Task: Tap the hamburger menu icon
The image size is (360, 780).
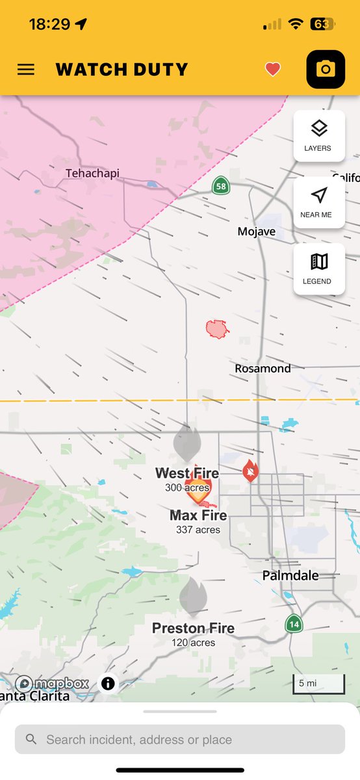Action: click(x=26, y=70)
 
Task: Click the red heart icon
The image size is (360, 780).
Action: click(x=273, y=70)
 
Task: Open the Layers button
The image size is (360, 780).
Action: click(x=318, y=135)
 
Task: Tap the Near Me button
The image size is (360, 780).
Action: click(x=318, y=201)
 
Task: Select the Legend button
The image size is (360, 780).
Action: click(x=318, y=268)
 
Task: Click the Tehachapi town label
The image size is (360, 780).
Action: click(x=92, y=174)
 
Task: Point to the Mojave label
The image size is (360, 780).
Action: click(x=256, y=231)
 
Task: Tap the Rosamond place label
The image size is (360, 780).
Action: click(x=263, y=369)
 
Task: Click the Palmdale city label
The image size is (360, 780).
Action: click(x=290, y=575)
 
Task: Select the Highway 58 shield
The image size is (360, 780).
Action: click(x=221, y=186)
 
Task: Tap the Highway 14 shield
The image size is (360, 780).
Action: click(x=294, y=623)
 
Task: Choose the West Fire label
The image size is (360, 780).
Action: click(x=187, y=473)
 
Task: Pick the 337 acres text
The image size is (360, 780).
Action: click(x=198, y=530)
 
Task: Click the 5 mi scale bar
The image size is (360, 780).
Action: click(x=318, y=684)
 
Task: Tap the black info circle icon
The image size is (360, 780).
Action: click(x=108, y=683)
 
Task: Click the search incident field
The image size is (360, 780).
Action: click(x=180, y=740)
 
